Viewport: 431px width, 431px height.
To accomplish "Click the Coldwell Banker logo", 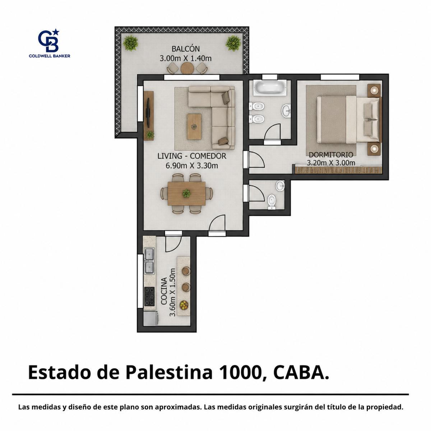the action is (x=50, y=43).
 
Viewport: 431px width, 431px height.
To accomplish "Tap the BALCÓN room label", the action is (x=185, y=49).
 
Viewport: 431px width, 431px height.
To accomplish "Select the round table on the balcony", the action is (x=187, y=68).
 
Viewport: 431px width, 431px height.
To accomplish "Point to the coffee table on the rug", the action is (x=194, y=127).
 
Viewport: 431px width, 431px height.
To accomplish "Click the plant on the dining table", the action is (x=186, y=193).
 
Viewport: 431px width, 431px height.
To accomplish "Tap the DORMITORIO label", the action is (x=331, y=154).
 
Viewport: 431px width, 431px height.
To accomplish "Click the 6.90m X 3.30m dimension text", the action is (x=192, y=166).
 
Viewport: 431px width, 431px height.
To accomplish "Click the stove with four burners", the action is (x=149, y=297).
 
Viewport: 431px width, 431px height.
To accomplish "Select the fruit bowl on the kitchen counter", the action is (x=184, y=305).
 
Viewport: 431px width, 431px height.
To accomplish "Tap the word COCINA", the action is (x=164, y=291).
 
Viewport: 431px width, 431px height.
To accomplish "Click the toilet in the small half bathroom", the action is (x=272, y=201).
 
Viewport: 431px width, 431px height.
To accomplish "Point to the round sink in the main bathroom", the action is (x=286, y=110).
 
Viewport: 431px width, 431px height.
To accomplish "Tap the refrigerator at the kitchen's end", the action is (x=151, y=319).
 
